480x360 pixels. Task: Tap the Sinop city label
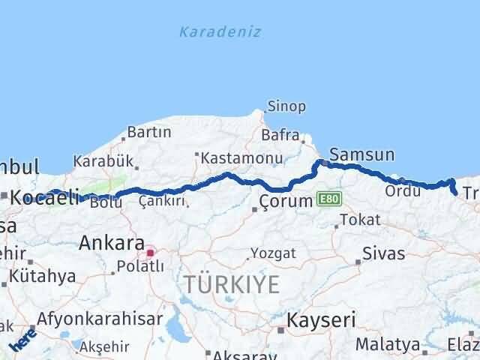pyautogui.click(x=287, y=106)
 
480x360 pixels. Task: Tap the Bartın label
pyautogui.click(x=150, y=132)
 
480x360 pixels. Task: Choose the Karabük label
pyautogui.click(x=103, y=160)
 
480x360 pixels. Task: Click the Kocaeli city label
pyautogui.click(x=46, y=197)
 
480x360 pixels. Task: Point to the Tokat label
pyautogui.click(x=360, y=220)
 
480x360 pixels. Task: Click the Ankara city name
pyautogui.click(x=112, y=243)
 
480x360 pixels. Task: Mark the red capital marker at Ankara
pyautogui.click(x=150, y=252)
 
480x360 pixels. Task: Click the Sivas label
pyautogui.click(x=383, y=252)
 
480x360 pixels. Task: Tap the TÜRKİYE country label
pyautogui.click(x=232, y=285)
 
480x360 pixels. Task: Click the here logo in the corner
pyautogui.click(x=22, y=342)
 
